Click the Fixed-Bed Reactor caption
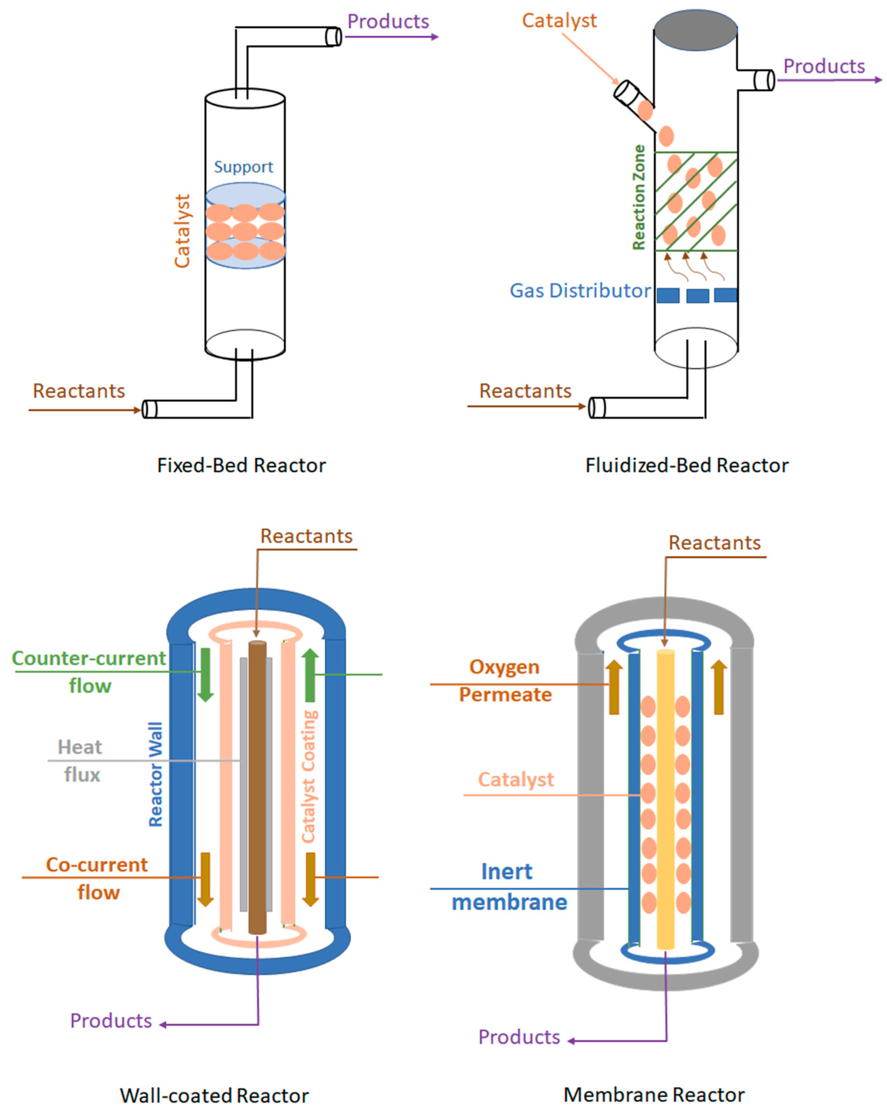241,465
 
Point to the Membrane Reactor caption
654,1094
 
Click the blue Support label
243,167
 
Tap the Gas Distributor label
580,291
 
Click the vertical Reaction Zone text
639,197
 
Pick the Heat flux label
80,761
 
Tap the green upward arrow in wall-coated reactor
310,675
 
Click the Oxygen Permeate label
505,681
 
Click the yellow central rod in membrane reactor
665,801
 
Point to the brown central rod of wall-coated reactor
257,791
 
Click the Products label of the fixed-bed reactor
388,22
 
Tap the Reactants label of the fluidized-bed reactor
525,391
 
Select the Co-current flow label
97,878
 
